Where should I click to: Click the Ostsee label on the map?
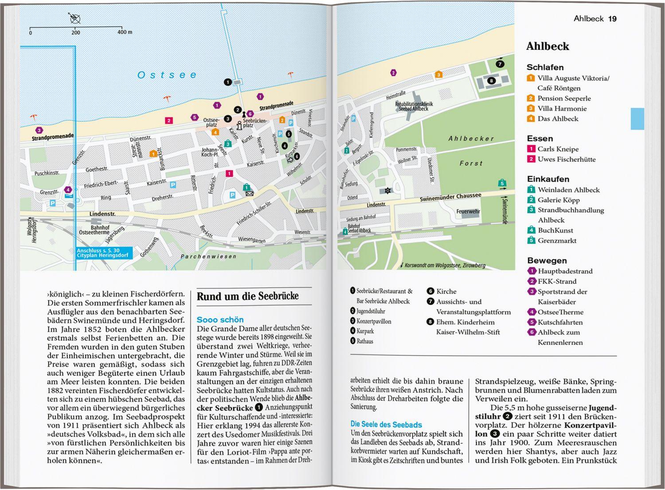tap(167, 75)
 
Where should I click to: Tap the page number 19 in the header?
tap(612, 19)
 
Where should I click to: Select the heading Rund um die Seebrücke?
tap(247, 296)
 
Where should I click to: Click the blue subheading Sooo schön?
tap(220, 320)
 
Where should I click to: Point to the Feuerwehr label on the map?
tap(468, 212)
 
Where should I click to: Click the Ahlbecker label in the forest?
tap(471, 139)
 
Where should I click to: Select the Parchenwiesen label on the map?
tap(208, 256)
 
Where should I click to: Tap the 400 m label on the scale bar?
tap(125, 32)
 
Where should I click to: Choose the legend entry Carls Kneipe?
tap(558, 149)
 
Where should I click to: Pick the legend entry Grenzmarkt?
tap(557, 240)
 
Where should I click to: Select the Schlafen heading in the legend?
tap(545, 67)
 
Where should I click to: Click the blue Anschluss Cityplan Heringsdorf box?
tap(103, 253)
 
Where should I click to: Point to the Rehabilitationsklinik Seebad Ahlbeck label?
tap(414, 106)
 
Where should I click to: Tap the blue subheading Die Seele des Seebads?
tap(386, 424)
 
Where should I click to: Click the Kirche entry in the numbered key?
tap(446, 291)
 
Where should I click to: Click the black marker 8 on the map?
tap(491, 81)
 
